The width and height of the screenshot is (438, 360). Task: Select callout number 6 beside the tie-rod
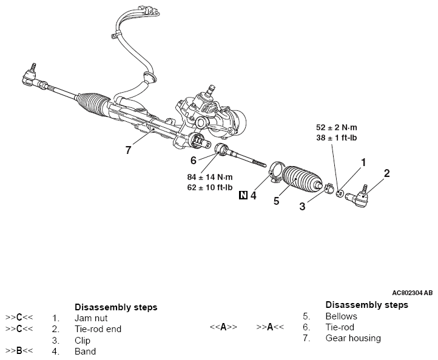point(193,161)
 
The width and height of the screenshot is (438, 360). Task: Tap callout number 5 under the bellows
point(276,201)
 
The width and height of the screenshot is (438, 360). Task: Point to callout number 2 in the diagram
point(386,174)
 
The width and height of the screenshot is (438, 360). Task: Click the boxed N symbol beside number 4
point(243,195)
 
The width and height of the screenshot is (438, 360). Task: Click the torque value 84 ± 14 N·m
point(209,177)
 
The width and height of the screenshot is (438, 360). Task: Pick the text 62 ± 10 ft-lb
point(210,187)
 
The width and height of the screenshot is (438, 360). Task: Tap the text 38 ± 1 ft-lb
point(339,138)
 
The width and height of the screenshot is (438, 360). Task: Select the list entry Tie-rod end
point(98,329)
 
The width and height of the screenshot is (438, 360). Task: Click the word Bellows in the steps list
point(341,316)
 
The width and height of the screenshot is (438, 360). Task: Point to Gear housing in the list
point(353,338)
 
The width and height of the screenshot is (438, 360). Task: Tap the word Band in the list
point(85,351)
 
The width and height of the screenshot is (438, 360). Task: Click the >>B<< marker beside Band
point(19,351)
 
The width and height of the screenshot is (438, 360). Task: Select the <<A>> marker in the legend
point(223,327)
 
